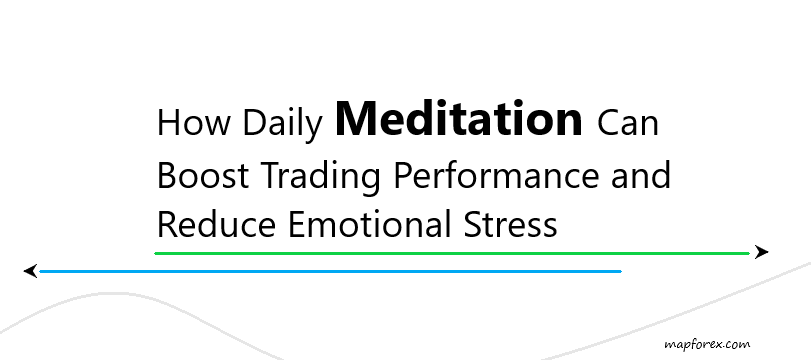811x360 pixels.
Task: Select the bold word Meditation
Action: coord(459,118)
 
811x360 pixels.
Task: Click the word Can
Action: coord(628,123)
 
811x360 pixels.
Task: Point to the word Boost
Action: coord(203,175)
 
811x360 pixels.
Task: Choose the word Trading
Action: coord(322,177)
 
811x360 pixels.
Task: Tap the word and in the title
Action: coord(641,174)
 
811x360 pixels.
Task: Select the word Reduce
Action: coord(216,224)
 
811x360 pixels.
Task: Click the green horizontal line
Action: coord(452,253)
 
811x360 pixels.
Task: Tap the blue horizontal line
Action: coord(330,271)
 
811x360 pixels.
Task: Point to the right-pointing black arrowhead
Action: coord(761,252)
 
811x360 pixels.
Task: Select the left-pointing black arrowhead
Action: coord(31,271)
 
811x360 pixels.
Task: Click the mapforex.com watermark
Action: coord(707,344)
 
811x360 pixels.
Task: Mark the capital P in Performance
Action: coord(403,175)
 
